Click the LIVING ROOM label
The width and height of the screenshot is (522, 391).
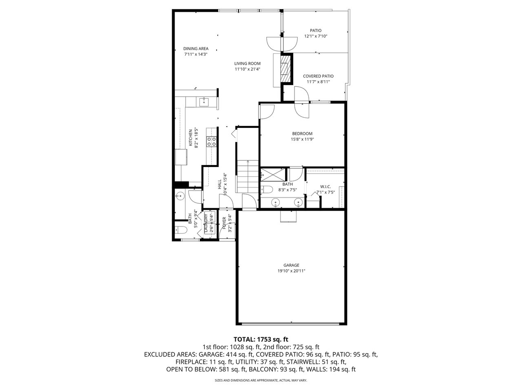click(247, 64)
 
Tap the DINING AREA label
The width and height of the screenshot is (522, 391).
click(196, 48)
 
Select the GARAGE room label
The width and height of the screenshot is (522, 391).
click(291, 265)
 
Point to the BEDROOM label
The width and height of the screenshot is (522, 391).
click(302, 134)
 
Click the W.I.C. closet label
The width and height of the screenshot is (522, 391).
click(325, 187)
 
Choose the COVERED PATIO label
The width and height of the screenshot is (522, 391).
click(318, 76)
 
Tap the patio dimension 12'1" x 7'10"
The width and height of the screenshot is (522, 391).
click(316, 36)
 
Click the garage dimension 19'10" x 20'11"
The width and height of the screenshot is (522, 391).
click(291, 270)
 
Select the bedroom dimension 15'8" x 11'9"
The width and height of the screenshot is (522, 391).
click(302, 139)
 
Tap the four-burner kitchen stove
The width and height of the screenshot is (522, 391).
click(211, 141)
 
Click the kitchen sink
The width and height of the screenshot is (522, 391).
click(204, 102)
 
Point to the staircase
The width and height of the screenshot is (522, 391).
click(248, 176)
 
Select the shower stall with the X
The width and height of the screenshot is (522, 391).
click(273, 175)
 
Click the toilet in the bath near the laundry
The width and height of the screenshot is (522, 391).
click(180, 230)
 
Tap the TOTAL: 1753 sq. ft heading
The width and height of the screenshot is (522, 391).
click(261, 339)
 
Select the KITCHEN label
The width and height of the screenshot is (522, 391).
click(190, 138)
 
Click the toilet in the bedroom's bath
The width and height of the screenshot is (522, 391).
click(267, 189)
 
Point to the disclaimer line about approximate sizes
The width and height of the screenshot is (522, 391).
click(261, 380)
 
